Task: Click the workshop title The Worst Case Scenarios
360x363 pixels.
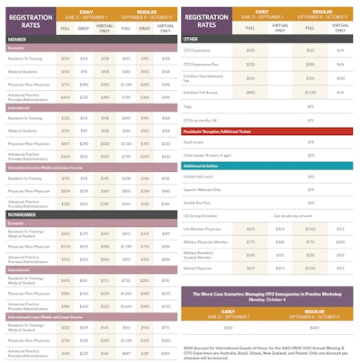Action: [x=269, y=295]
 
